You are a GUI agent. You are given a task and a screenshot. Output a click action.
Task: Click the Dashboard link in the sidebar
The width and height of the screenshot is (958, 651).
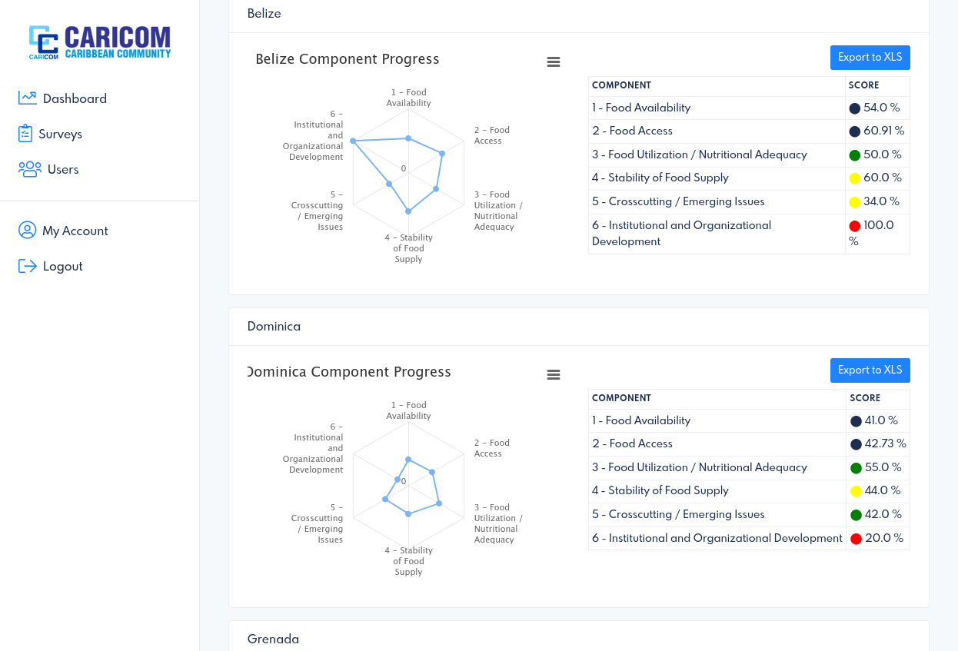click(x=62, y=98)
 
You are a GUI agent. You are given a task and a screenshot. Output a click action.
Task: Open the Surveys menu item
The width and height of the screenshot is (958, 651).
click(x=50, y=134)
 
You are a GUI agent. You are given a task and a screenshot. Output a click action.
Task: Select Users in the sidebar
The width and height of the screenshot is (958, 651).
click(x=48, y=169)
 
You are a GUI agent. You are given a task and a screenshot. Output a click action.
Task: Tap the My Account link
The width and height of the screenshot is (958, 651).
click(x=63, y=231)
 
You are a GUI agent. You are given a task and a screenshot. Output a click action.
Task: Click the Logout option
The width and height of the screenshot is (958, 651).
click(x=50, y=266)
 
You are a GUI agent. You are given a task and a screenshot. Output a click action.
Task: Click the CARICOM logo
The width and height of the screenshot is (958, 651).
click(x=100, y=42)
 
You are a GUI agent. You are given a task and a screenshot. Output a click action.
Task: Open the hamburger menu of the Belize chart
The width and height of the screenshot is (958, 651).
click(x=554, y=62)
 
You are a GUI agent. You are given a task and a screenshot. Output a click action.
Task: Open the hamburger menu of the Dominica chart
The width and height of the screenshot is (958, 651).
click(x=554, y=375)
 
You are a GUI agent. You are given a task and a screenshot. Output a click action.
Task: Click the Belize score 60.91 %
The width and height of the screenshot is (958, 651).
click(x=883, y=131)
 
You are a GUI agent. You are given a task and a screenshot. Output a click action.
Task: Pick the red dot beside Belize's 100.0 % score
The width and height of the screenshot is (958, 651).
click(x=854, y=226)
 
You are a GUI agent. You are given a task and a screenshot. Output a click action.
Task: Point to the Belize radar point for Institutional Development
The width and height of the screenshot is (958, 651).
click(x=353, y=141)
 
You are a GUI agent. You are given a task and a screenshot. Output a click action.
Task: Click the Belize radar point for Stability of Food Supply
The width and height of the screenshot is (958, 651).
click(x=408, y=211)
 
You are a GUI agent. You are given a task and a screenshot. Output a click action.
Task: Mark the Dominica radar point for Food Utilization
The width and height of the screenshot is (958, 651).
click(x=439, y=503)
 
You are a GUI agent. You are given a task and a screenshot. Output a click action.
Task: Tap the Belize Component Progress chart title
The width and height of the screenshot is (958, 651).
click(x=348, y=59)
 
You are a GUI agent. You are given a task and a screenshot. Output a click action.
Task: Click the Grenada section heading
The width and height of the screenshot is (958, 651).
click(x=273, y=639)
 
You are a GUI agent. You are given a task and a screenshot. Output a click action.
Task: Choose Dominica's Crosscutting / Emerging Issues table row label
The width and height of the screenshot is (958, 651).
click(x=678, y=514)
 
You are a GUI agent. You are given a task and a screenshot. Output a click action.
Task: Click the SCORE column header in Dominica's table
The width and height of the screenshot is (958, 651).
click(x=865, y=398)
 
